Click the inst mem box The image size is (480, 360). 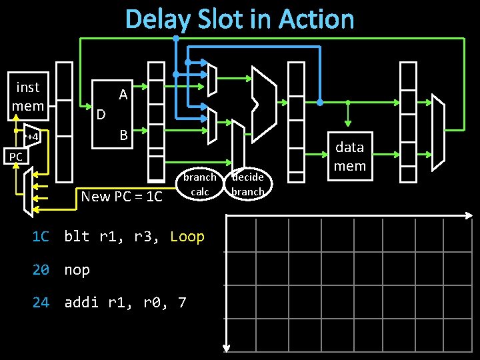28,97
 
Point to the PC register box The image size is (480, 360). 15,157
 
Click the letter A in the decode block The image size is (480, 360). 123,95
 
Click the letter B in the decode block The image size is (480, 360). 123,135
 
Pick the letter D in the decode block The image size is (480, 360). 101,115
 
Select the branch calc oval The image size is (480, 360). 200,184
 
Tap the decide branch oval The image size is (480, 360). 247,184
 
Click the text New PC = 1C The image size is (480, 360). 121,196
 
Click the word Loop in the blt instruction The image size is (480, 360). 187,237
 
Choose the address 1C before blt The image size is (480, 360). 41,237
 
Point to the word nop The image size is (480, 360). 77,270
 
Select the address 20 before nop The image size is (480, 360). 41,270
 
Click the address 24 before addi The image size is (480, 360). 41,303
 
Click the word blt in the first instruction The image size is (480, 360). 77,237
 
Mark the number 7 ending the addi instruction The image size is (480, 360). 183,303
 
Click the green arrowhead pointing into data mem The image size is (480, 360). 347,123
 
